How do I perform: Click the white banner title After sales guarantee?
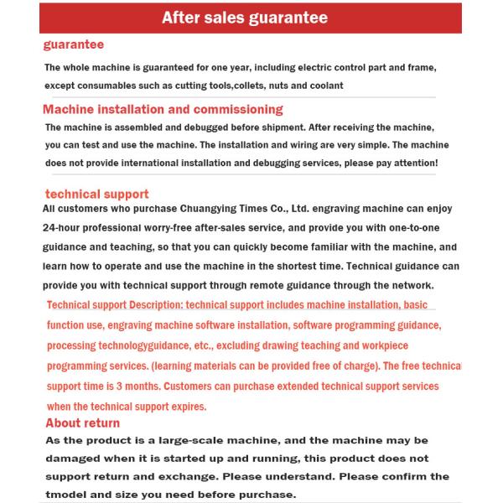coord(244,18)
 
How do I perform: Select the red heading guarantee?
coord(74,44)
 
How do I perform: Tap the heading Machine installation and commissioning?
coord(163,109)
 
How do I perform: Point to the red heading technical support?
coord(96,194)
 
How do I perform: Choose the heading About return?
coord(82,423)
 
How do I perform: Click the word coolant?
coord(324,86)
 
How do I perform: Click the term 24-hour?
coord(66,228)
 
